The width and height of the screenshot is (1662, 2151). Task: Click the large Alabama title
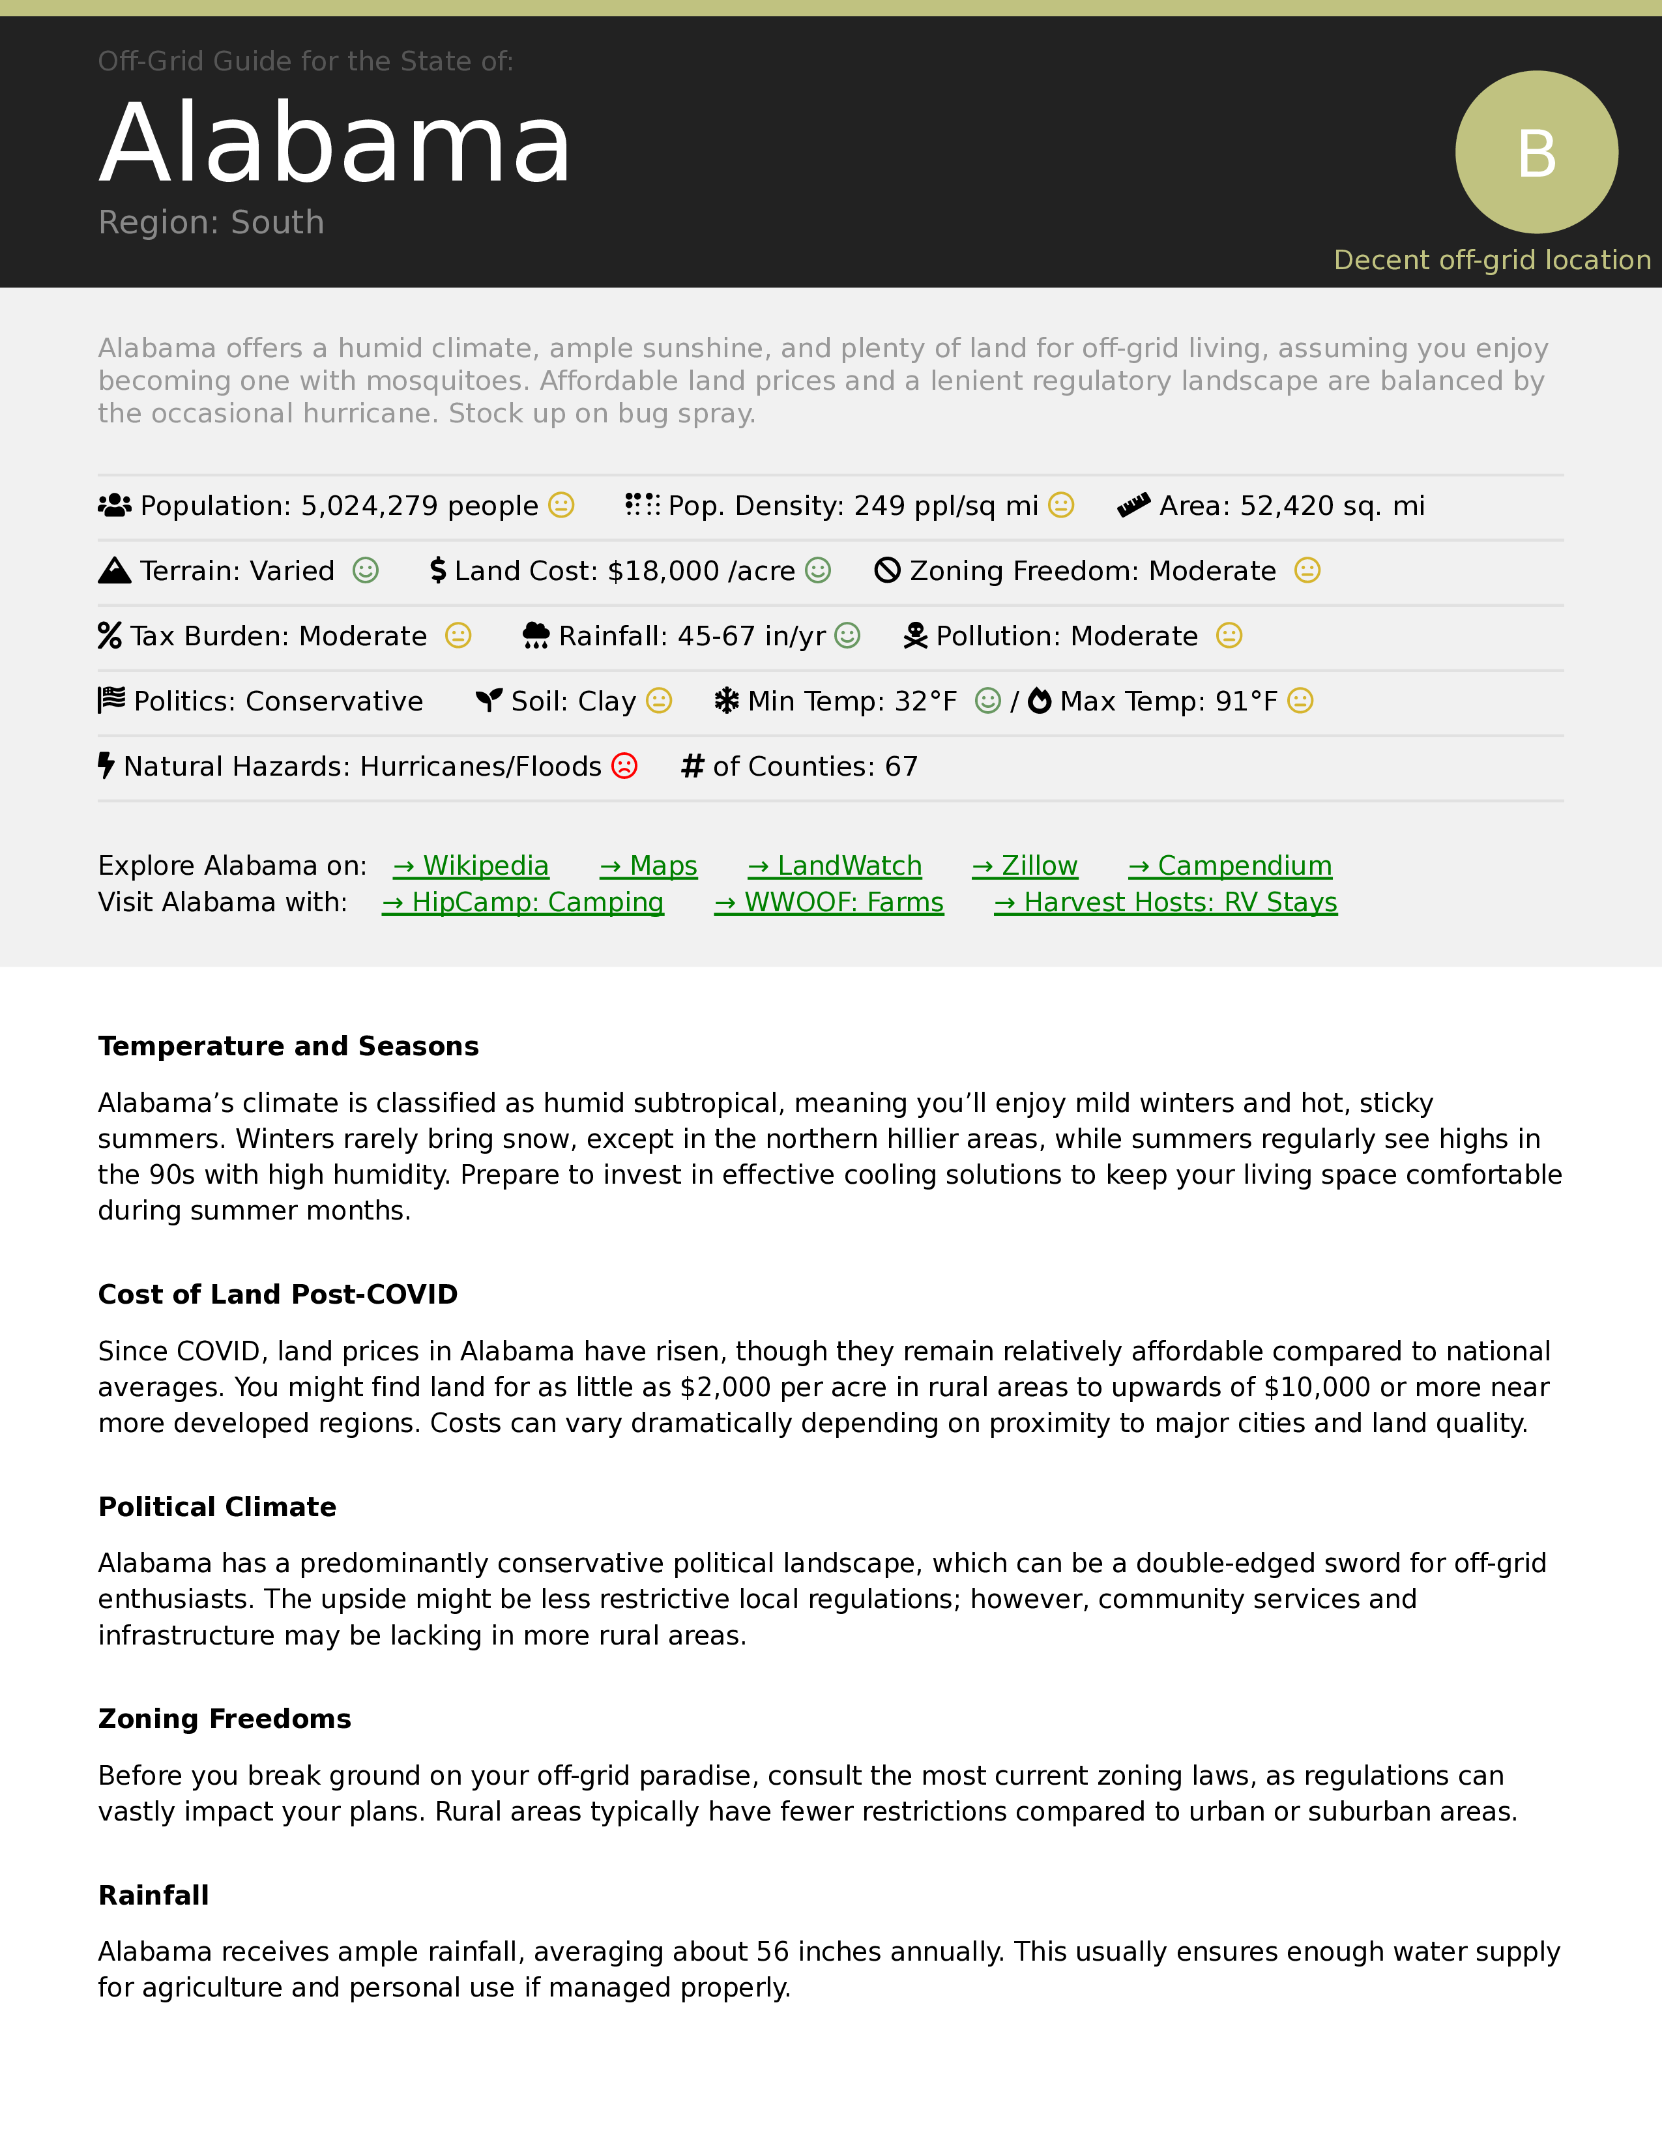[335, 144]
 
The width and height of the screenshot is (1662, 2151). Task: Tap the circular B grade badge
[1536, 153]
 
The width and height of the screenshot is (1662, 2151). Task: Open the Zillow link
[1025, 866]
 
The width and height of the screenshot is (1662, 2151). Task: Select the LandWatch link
[835, 866]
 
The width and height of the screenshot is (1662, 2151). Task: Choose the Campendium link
[1230, 866]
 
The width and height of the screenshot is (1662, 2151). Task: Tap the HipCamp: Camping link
[523, 902]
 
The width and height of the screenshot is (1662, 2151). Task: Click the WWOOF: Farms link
[829, 902]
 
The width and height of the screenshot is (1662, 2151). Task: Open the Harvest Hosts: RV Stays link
[1166, 902]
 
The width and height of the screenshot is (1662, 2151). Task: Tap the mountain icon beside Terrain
[114, 570]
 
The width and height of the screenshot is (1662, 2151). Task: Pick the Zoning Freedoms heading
[224, 1719]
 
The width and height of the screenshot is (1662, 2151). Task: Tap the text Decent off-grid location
[1492, 260]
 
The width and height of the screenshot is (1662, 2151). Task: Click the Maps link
[649, 866]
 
